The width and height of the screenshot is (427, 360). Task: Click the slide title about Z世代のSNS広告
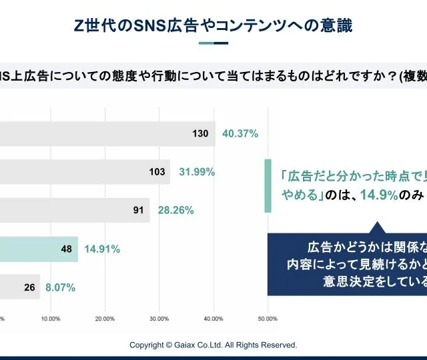pos(213,25)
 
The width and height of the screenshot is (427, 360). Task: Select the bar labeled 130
pos(107,133)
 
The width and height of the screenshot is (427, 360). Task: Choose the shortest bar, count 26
pos(20,288)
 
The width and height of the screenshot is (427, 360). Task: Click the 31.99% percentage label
pos(196,172)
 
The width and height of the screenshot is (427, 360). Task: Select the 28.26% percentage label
pos(175,211)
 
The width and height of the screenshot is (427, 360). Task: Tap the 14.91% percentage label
pos(102,249)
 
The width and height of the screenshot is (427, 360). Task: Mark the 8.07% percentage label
pos(60,288)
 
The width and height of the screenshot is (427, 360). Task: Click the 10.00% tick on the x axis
pos(51,319)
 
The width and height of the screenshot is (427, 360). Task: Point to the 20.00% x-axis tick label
pos(105,319)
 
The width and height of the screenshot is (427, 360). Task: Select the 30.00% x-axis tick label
pos(159,319)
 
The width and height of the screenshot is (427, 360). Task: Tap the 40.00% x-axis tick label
pos(213,319)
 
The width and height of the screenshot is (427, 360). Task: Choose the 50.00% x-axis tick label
pos(267,319)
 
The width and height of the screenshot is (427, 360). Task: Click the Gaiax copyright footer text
pos(213,345)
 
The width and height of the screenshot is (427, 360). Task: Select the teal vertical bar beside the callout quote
pos(268,186)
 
